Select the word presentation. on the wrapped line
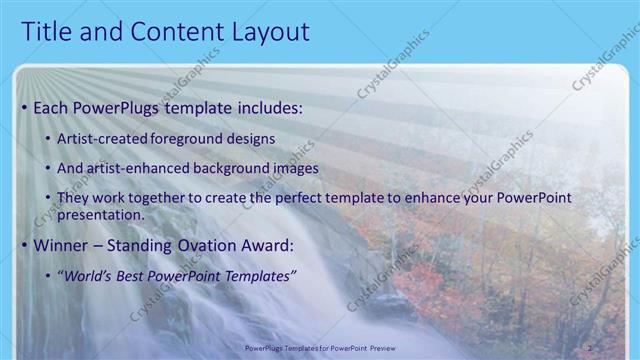click(x=104, y=214)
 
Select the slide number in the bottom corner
click(x=590, y=348)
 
